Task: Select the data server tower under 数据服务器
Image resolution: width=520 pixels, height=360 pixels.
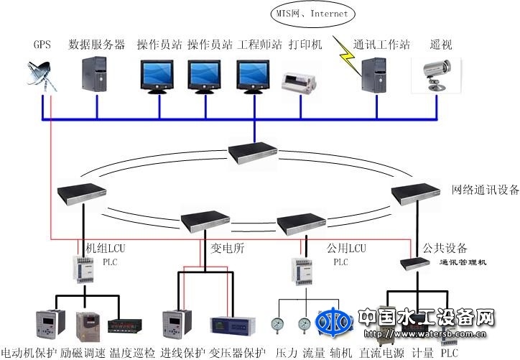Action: [96, 75]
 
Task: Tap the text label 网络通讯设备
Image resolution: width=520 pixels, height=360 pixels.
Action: [485, 190]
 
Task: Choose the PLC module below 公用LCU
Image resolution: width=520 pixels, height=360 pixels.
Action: [302, 269]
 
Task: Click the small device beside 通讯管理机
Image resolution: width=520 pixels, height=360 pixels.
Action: [415, 263]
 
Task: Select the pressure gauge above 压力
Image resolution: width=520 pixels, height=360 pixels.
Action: [277, 326]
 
